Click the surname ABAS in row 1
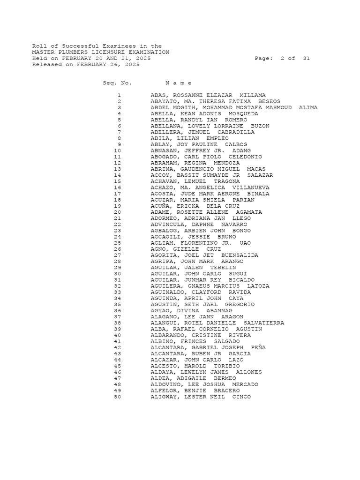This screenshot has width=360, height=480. tap(158, 95)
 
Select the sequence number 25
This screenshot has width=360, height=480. tap(117, 243)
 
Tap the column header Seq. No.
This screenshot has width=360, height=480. tap(117, 83)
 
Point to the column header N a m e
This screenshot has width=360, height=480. tap(179, 83)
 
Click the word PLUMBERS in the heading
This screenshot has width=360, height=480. tap(69, 52)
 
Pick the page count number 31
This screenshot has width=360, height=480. tap(306, 59)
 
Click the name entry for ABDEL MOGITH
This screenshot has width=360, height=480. tap(234, 107)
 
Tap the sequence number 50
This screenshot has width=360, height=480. tap(117, 397)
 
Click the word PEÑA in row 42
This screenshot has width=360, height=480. tap(258, 347)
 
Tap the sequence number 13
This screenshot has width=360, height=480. tap(117, 169)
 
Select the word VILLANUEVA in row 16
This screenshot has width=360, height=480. tap(255, 187)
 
